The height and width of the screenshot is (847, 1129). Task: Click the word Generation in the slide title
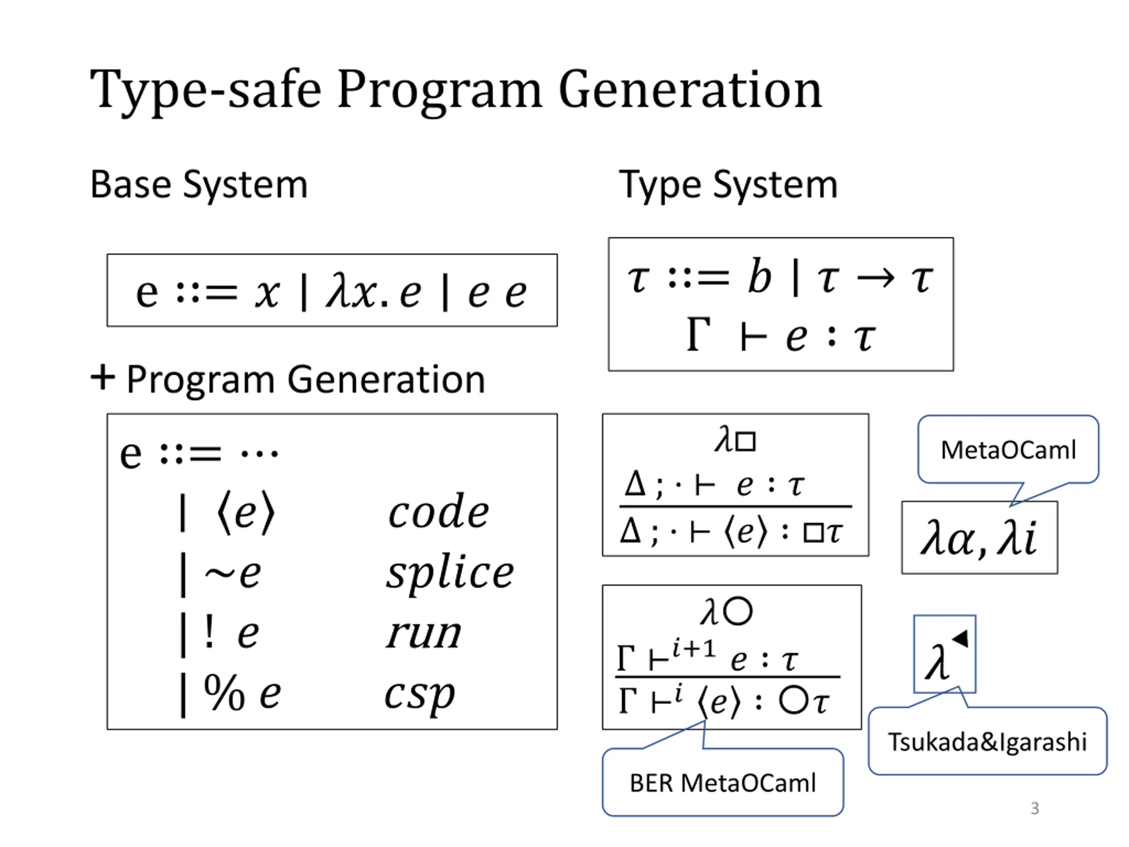pos(690,91)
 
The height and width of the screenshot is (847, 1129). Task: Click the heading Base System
pos(199,185)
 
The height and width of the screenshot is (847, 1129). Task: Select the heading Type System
pos(729,185)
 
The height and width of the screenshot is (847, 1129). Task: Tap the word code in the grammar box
pos(438,512)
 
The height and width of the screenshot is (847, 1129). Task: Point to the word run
pos(424,633)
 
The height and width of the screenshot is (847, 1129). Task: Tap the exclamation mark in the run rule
pos(209,633)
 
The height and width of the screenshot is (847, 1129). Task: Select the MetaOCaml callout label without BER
pos(1008,450)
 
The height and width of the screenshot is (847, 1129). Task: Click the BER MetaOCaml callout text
pos(723,783)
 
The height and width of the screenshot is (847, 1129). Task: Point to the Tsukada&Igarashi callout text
pos(987,742)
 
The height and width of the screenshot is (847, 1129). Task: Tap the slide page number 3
pos(1035,808)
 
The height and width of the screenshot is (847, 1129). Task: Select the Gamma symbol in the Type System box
pos(698,335)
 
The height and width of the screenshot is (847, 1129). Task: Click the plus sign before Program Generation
pos(103,378)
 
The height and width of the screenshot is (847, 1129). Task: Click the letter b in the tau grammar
pos(759,277)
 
